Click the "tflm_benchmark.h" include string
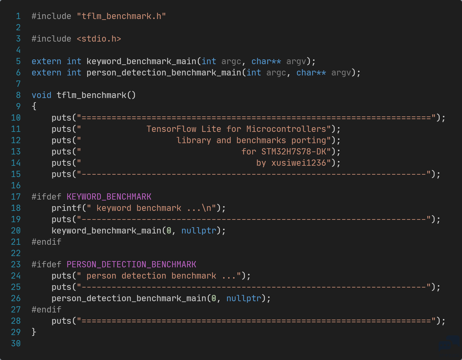[121, 16]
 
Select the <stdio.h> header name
[99, 39]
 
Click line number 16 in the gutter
[16, 185]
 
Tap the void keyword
[41, 95]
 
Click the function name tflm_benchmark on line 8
[92, 95]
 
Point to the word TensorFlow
[171, 129]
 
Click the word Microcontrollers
[286, 129]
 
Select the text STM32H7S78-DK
[294, 152]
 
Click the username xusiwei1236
[299, 163]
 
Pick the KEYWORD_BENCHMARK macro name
[109, 197]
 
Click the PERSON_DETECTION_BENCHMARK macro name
[131, 264]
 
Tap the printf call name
[67, 208]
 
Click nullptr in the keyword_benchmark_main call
[199, 231]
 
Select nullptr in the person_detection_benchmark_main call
[244, 299]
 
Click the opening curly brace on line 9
[34, 106]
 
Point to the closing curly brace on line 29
[34, 332]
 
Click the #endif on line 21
[47, 242]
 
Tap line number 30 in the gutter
[16, 343]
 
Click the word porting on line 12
[309, 140]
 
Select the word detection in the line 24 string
[144, 276]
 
